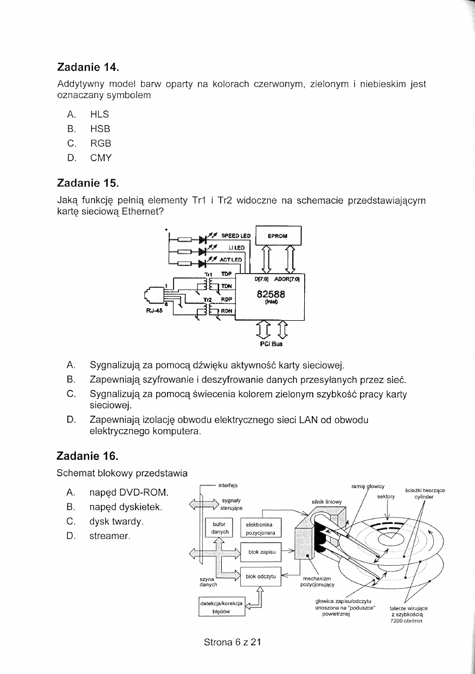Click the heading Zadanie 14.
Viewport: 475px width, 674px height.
[88, 68]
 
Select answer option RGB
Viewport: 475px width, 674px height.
[100, 144]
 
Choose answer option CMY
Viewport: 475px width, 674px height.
[101, 158]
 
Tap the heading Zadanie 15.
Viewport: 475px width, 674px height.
[88, 185]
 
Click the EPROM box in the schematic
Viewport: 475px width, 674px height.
[278, 236]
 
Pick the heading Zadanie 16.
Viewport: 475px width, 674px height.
[88, 456]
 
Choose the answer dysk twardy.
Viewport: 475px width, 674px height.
[116, 522]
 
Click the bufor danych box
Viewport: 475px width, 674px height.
[219, 528]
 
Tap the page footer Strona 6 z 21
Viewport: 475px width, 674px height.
[232, 643]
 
